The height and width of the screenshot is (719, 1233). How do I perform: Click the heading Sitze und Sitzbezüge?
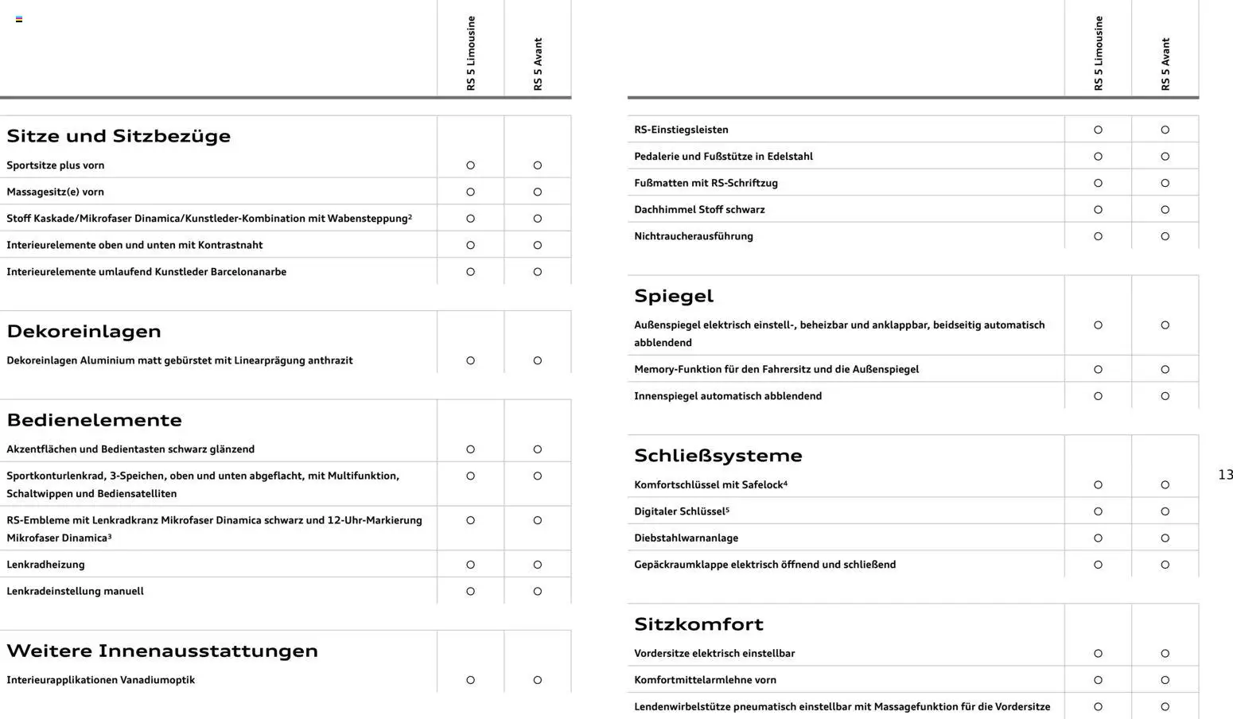pos(119,136)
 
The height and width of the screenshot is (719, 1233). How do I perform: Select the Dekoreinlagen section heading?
pos(84,331)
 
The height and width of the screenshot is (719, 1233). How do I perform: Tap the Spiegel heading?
pos(674,296)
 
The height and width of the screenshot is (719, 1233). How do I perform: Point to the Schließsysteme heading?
pos(718,456)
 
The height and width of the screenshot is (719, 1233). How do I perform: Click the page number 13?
pos(1225,475)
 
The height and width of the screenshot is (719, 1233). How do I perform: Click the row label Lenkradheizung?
pos(45,565)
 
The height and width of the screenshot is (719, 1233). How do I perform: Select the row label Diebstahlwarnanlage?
pos(686,538)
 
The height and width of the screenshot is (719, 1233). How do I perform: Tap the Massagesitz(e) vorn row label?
pos(55,192)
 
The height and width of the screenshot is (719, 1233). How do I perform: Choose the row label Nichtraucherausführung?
pos(693,236)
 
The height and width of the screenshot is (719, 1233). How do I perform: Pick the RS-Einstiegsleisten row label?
pos(681,130)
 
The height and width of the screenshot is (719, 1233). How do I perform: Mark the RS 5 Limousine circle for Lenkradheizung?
pos(470,565)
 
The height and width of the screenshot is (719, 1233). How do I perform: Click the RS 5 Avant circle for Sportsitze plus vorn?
pos(538,165)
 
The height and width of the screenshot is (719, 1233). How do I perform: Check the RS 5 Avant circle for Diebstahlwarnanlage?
pos(1165,538)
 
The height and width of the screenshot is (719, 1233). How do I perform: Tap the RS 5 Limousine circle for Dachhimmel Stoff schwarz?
pos(1098,210)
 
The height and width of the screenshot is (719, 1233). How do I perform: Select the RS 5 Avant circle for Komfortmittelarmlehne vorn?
pos(1165,680)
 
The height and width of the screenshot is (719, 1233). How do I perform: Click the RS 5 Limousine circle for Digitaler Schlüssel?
pos(1098,511)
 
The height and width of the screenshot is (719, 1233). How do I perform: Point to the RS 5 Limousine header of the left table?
pos(471,53)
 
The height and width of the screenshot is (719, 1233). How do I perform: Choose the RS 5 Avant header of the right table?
pos(1165,64)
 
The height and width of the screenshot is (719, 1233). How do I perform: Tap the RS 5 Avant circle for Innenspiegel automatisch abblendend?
pos(1165,396)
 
